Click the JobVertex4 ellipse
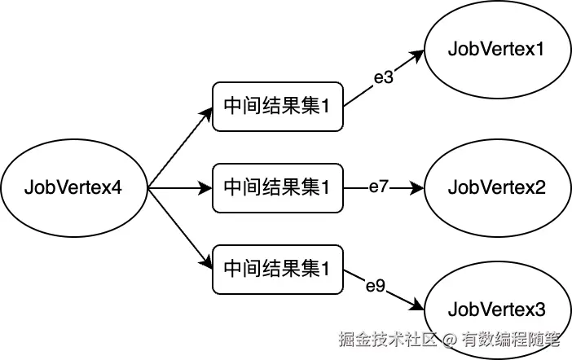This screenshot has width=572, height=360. [x=73, y=187]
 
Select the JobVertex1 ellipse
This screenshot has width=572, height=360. [x=495, y=49]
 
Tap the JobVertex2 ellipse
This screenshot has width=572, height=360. [x=495, y=187]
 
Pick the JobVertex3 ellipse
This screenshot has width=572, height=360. [x=495, y=310]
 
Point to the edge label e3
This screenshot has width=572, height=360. [x=384, y=78]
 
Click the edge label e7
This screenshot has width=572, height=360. [x=379, y=187]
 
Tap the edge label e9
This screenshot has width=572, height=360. [x=375, y=286]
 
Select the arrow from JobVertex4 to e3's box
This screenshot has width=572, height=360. [x=179, y=147]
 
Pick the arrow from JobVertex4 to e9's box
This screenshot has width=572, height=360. [x=179, y=229]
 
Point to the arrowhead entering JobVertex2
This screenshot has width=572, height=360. [x=420, y=187]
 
